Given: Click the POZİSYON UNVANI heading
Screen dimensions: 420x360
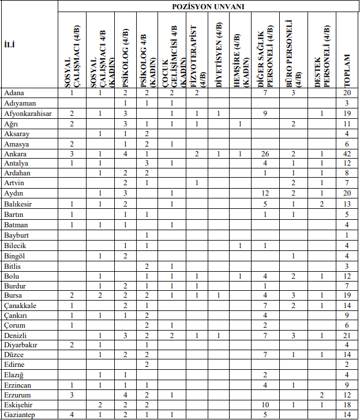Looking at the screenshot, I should [208, 6].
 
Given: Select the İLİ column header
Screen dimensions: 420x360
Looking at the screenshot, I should [10, 44].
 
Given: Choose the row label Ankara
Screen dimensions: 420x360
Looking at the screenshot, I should [15, 154].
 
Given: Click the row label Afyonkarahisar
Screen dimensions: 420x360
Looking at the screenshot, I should [28, 113].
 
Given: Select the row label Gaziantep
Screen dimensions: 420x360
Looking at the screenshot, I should [20, 414].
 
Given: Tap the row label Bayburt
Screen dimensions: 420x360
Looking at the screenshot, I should [17, 235].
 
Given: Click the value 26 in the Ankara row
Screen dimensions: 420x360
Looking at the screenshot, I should [265, 154].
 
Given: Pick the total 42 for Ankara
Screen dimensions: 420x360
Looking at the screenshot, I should [347, 154].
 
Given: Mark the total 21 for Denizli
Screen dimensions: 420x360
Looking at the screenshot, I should [347, 335].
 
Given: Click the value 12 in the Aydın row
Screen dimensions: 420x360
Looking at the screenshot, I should [265, 192].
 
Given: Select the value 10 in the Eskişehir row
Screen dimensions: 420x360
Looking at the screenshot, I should [265, 404].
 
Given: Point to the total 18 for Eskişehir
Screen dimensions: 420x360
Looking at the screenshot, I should [347, 404].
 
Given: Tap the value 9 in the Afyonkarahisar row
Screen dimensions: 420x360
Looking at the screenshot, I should [265, 113].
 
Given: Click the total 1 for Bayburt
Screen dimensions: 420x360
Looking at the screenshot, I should [347, 235].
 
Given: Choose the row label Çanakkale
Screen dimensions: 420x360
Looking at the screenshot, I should [20, 305].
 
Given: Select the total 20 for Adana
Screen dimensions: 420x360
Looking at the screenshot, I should [347, 92].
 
